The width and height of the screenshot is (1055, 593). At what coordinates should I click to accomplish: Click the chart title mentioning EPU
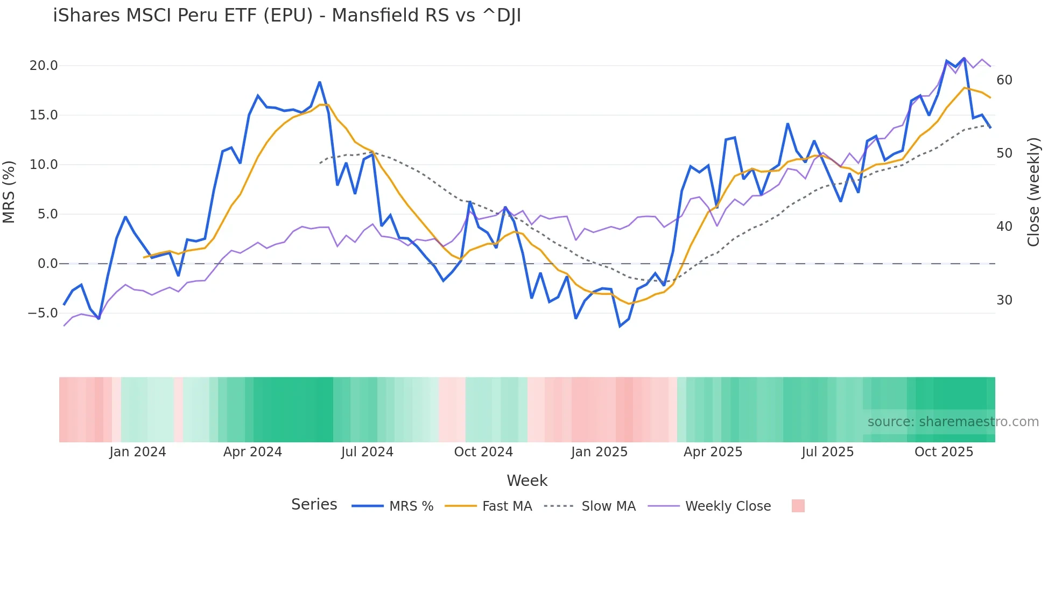pos(287,16)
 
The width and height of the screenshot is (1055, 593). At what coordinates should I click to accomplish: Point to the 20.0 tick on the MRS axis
pos(43,66)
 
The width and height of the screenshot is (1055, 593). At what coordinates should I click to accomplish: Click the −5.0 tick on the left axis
pos(43,313)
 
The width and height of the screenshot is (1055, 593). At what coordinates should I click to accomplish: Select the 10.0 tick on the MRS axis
pos(43,165)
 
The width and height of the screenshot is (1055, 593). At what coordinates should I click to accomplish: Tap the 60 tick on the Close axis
pos(1004,80)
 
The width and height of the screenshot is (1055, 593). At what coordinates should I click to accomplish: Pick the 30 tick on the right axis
pos(1004,300)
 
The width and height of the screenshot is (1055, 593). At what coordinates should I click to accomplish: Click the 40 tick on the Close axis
pos(1004,227)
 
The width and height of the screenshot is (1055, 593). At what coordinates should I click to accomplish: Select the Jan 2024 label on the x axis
pos(137,452)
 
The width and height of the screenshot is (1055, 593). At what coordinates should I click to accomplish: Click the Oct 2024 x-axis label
pos(483,452)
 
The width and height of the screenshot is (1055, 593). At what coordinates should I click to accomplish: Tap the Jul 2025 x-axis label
pos(828,452)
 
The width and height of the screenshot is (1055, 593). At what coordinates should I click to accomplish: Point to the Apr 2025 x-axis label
pos(713,452)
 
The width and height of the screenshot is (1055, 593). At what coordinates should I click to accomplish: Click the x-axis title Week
pos(527,481)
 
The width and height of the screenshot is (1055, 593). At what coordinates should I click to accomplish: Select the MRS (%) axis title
pos(9,192)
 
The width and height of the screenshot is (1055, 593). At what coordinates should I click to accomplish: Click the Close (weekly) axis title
pos(1033,192)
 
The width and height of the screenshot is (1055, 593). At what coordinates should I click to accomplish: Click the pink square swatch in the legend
pos(798,506)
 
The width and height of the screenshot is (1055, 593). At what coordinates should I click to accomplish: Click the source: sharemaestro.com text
pos(953,422)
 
